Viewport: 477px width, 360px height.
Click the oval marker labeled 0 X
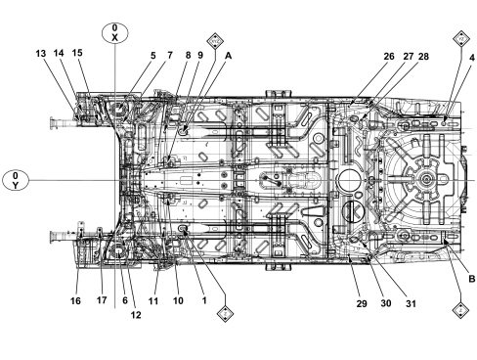coord(114,33)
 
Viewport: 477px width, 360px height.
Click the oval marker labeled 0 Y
coord(16,180)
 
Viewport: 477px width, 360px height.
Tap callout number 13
coord(41,54)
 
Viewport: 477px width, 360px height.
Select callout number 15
coord(77,53)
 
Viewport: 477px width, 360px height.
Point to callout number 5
coord(153,56)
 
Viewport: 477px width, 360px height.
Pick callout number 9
coord(200,56)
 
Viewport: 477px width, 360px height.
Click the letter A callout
coord(229,56)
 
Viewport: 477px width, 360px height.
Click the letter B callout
coord(472,279)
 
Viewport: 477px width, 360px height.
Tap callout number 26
coord(389,57)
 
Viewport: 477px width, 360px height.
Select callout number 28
coord(423,57)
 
